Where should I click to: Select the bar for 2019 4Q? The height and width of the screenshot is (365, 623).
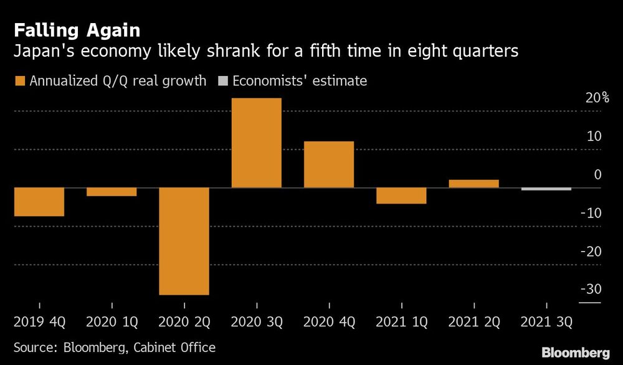point(39,202)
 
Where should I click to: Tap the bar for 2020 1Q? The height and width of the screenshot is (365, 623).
point(112,192)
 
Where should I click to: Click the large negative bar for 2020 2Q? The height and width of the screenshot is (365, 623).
point(184,241)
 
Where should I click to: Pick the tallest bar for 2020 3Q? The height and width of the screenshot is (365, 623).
point(256,143)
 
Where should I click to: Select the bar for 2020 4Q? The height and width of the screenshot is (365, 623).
point(328,164)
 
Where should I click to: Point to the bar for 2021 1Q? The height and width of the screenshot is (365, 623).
point(401,196)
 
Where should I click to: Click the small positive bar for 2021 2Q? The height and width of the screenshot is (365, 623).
point(473,184)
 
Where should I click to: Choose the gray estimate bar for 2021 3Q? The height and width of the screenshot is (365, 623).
point(546,189)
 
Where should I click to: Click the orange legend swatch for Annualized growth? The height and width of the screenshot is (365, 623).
point(18,81)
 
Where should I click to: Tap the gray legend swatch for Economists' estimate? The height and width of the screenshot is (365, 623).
point(221,81)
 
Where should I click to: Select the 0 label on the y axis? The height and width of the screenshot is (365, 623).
point(597,175)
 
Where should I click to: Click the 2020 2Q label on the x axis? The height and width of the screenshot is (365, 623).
point(184,323)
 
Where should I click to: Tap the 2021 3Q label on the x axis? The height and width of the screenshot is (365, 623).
point(546,323)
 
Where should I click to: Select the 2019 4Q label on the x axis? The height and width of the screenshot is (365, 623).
point(39,323)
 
